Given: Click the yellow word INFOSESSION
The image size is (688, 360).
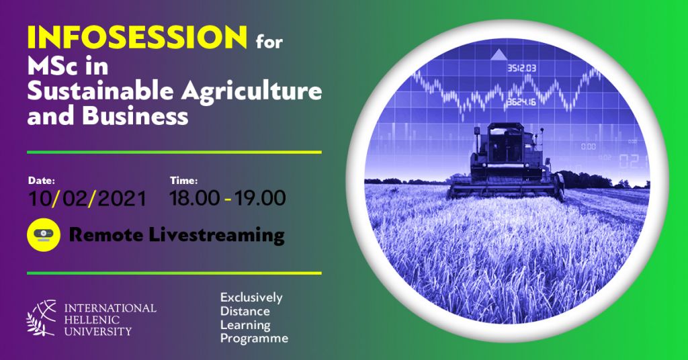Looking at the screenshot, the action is [137, 37].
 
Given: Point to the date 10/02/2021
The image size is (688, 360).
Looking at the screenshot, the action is [87, 198].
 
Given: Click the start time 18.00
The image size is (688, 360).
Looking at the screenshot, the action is [194, 197].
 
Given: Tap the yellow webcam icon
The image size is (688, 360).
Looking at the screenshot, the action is [44, 234].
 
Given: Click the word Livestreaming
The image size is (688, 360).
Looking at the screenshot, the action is [217, 236].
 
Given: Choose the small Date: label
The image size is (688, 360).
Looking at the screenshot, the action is [41, 180].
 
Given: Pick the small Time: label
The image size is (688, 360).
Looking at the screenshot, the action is [183, 180].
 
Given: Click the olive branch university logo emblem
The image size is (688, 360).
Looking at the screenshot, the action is [42, 318].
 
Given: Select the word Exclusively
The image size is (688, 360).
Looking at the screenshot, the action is [251, 298].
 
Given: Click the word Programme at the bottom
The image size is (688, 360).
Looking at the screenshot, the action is [254, 339].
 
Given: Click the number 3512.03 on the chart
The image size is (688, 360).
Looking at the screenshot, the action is [522, 69].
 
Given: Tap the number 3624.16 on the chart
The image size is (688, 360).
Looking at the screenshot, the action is [521, 102].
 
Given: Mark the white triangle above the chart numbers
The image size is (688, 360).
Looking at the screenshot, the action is [499, 54].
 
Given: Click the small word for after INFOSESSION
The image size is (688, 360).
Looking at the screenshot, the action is [269, 42].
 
